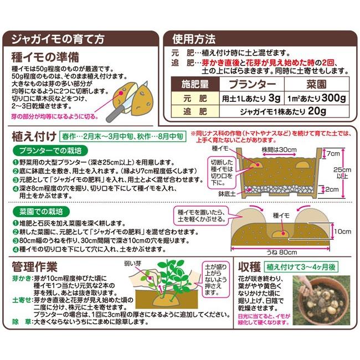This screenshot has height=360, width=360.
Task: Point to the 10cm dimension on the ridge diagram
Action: (343, 230)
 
